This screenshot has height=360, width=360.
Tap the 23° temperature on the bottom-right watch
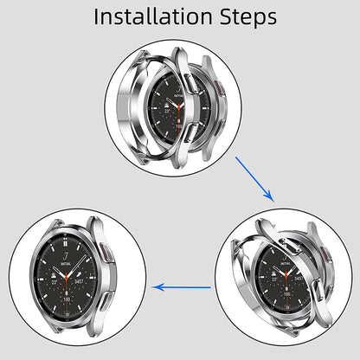pyautogui.click(x=263, y=282)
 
